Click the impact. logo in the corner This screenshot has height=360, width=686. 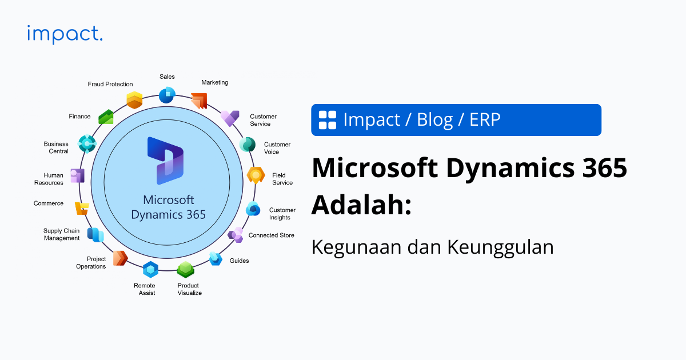65,34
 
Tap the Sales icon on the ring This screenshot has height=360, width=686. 166,94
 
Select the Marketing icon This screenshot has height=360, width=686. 198,101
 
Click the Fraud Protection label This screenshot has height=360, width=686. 110,84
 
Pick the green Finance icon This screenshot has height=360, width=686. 106,117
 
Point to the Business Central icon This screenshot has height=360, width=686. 87,144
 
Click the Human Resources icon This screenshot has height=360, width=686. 77,175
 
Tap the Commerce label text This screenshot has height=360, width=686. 49,203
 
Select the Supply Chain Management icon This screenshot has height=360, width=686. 95,234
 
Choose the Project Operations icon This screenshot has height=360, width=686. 119,258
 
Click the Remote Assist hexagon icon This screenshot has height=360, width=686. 150,269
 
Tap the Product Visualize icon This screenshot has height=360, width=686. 186,269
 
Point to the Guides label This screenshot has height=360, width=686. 239,261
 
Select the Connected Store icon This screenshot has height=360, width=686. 236,234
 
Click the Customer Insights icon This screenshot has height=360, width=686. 253,209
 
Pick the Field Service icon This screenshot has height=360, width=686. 256,175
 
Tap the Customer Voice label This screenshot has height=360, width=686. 277,148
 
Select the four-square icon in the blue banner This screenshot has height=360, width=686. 328,120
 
